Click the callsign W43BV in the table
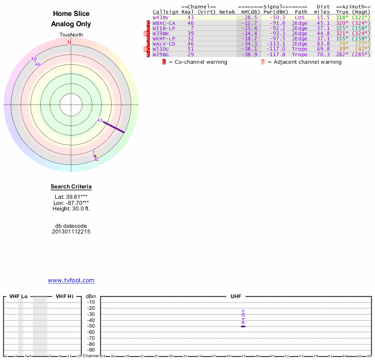(x=160, y=17)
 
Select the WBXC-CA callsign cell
(x=164, y=23)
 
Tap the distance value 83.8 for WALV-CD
(x=323, y=44)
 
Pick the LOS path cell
(x=300, y=17)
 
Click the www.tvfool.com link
(x=71, y=280)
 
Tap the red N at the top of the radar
(x=69, y=42)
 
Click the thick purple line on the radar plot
(x=114, y=127)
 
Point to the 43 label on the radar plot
(x=100, y=120)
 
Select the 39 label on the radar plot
(x=33, y=59)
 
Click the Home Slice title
(x=71, y=14)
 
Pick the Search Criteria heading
(x=71, y=187)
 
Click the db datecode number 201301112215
(x=71, y=232)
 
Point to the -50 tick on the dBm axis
(x=91, y=326)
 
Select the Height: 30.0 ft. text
(x=71, y=209)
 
